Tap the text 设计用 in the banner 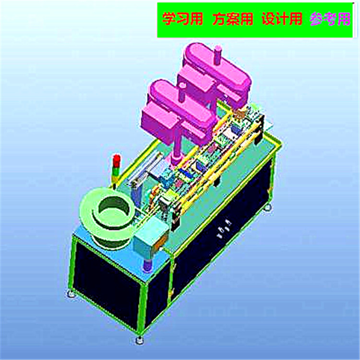[282, 19]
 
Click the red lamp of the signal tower [116, 158]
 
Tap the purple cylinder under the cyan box [147, 265]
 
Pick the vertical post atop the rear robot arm [218, 55]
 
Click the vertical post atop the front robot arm [182, 92]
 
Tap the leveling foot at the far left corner [71, 292]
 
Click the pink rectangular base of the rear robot [196, 79]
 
